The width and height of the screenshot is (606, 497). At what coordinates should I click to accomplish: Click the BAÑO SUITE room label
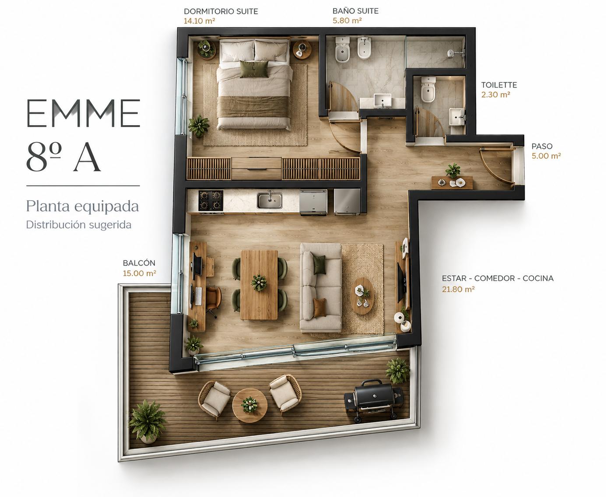click(355, 11)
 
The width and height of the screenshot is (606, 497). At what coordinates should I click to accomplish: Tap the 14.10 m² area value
click(200, 21)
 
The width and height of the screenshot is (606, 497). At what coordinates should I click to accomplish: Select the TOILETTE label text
click(499, 85)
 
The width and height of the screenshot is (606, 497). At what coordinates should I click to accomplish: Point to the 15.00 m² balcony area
click(140, 273)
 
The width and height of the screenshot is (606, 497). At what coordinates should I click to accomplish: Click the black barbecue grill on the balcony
click(373, 400)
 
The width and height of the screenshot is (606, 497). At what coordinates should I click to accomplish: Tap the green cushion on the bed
click(254, 69)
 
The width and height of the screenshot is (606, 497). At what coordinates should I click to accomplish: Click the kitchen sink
click(270, 200)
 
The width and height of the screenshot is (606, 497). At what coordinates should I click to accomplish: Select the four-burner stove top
click(211, 200)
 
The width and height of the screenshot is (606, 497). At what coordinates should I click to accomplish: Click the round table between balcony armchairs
click(250, 405)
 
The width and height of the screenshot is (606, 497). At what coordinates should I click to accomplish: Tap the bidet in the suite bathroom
click(364, 48)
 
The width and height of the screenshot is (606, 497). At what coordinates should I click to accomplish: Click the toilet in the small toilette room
click(428, 89)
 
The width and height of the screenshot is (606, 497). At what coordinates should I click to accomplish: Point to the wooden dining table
click(259, 285)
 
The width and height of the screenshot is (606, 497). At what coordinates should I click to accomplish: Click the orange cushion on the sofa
click(319, 308)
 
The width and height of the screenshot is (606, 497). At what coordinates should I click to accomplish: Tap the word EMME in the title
click(83, 113)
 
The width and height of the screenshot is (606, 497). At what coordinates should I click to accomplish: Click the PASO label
click(542, 146)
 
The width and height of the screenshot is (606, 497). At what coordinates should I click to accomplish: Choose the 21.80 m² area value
click(458, 289)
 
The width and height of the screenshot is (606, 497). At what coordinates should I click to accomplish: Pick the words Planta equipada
click(82, 206)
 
